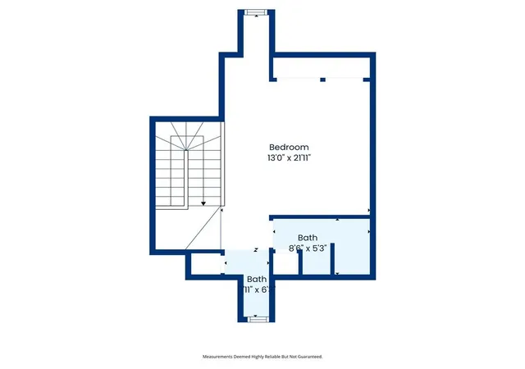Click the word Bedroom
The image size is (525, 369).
(x=289, y=147)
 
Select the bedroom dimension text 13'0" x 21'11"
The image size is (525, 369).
(x=289, y=157)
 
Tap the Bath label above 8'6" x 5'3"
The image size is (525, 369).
(x=308, y=238)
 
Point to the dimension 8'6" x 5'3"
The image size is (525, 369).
(x=308, y=248)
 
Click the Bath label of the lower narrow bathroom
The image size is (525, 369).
(x=257, y=279)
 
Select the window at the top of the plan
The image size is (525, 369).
(x=256, y=12)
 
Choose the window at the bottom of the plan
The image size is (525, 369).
(x=258, y=320)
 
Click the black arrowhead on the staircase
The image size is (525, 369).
(x=203, y=203)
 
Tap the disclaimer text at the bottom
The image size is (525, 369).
(x=262, y=357)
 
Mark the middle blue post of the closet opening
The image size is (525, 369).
(x=322, y=80)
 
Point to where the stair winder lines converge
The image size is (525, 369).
(x=186, y=150)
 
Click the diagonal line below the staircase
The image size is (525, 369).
(x=203, y=228)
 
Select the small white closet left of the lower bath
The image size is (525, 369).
(x=206, y=264)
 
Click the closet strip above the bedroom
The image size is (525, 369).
(x=322, y=68)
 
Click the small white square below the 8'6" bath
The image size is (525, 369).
(x=286, y=264)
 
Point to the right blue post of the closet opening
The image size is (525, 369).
(x=367, y=80)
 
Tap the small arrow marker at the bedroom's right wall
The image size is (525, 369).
(x=369, y=210)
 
